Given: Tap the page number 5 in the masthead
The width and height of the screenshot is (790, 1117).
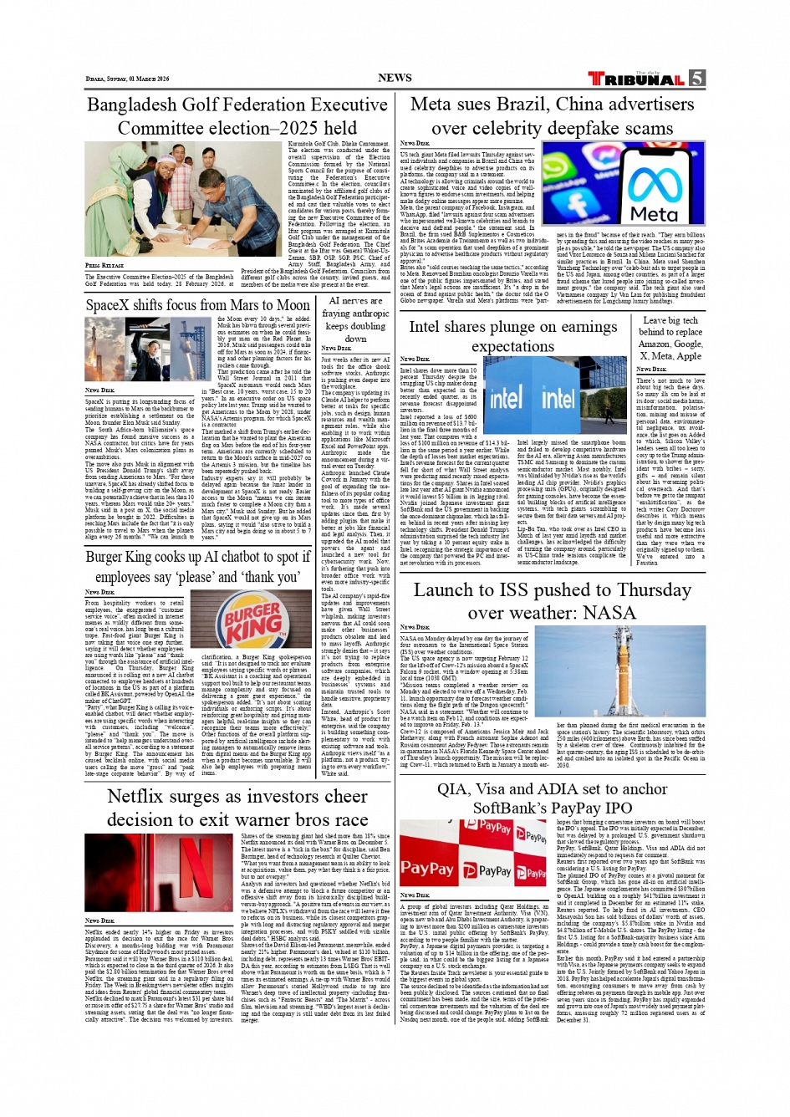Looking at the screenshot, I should coord(696,79).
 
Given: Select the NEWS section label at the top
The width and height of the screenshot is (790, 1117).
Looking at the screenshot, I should coord(395,78).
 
